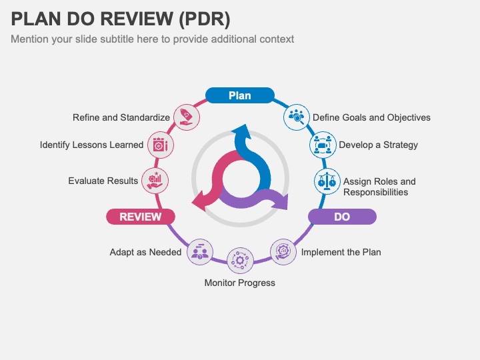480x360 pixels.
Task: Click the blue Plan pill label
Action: (239, 95)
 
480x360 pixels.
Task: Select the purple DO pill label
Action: (342, 217)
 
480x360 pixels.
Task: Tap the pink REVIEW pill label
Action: (140, 217)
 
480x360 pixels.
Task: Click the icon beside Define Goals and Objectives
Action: (295, 117)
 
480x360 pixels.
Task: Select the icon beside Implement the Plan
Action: (283, 251)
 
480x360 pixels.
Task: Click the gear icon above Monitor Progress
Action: (240, 260)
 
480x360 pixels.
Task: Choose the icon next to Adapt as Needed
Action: (199, 251)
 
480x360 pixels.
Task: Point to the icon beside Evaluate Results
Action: (155, 180)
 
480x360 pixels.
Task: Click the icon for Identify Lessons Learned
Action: (160, 145)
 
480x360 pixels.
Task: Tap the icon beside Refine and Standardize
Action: (185, 117)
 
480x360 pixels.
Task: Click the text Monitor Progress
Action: (239, 283)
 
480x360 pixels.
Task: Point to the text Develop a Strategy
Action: (378, 145)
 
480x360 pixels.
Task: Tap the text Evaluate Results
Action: (103, 181)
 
